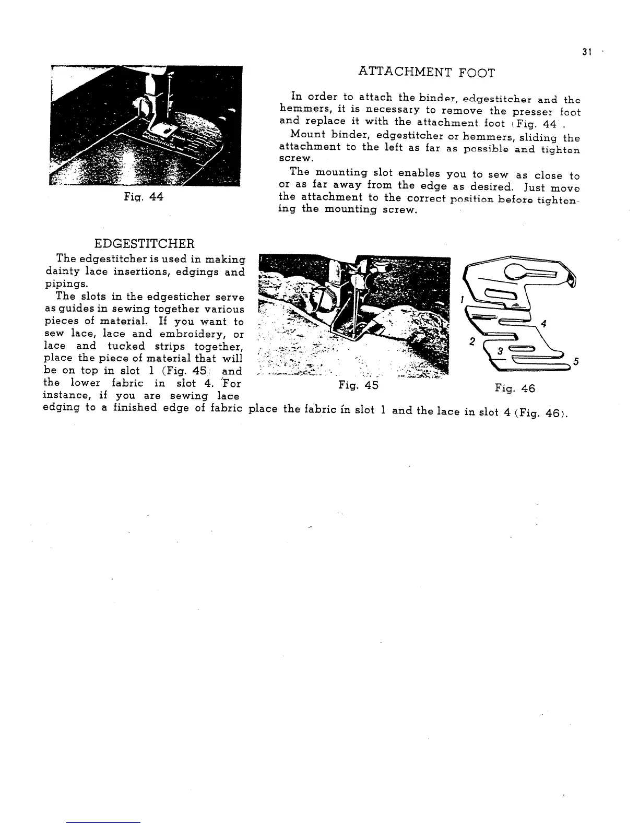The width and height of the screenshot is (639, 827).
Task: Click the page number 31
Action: [586, 52]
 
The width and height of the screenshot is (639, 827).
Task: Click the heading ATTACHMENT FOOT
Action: [427, 73]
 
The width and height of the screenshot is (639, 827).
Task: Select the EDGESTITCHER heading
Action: [145, 243]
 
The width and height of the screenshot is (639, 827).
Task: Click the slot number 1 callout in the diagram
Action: [462, 300]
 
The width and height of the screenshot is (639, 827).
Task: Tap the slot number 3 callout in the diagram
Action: [500, 351]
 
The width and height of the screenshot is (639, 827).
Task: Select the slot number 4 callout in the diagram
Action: [543, 324]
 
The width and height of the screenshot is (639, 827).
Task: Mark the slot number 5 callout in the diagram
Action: [576, 362]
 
